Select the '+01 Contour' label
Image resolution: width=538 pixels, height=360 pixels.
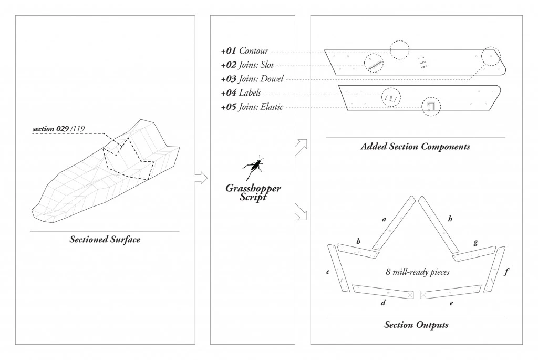tap(244, 51)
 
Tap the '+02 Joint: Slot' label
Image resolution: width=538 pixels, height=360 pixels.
tap(247, 65)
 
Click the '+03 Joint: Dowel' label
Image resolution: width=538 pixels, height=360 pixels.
tap(252, 79)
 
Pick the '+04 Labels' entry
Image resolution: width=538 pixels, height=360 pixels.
tap(241, 93)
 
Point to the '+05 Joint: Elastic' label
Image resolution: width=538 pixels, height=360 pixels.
tap(252, 107)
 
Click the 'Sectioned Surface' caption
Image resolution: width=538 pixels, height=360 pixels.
tap(105, 240)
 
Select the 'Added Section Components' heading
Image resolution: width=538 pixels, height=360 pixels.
tap(415, 147)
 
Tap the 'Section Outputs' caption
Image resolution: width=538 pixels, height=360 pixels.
tap(416, 325)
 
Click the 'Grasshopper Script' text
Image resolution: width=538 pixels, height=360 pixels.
tap(253, 192)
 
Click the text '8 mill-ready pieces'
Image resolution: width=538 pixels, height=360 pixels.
tap(417, 272)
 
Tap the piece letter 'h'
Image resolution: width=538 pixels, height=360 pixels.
tap(450, 219)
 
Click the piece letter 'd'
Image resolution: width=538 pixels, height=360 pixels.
tap(383, 303)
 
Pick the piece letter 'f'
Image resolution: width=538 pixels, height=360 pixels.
tap(506, 272)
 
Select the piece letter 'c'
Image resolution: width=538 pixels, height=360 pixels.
tap(328, 272)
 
